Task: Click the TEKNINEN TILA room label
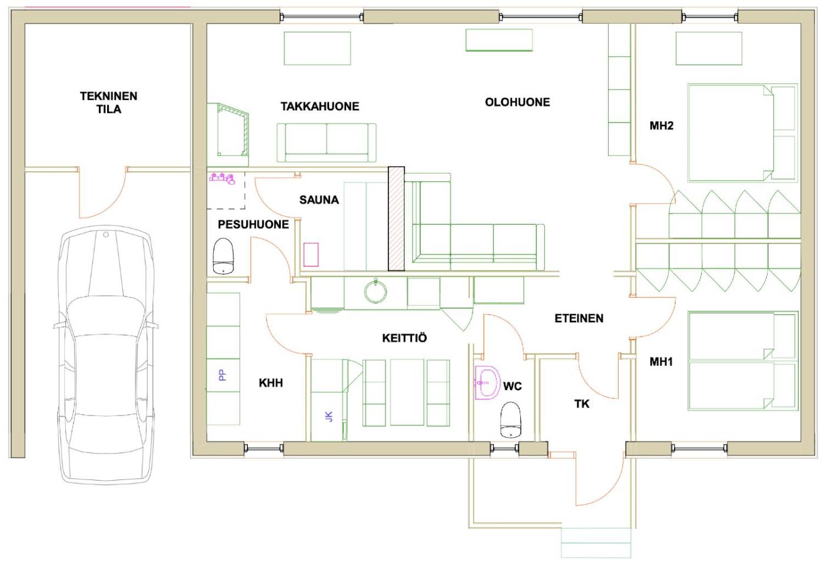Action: coord(108,102)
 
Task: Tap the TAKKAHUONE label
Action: coord(320,106)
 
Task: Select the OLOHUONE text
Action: coord(517,102)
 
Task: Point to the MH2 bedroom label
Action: coord(662,126)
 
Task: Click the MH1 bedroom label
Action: coord(661,362)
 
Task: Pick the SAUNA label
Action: coord(319,199)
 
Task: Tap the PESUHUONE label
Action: coord(253,224)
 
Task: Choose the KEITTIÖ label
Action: coord(404,338)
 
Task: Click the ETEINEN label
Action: coord(579,318)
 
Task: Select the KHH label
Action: coord(271,383)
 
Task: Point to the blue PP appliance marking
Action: coord(222,375)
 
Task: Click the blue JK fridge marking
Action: coord(329,417)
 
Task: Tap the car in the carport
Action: coord(106,355)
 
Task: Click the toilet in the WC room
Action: coord(511,419)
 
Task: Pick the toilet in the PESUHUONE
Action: coord(223,256)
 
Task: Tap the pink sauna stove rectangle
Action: coord(311,255)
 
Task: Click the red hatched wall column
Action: coord(396,218)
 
